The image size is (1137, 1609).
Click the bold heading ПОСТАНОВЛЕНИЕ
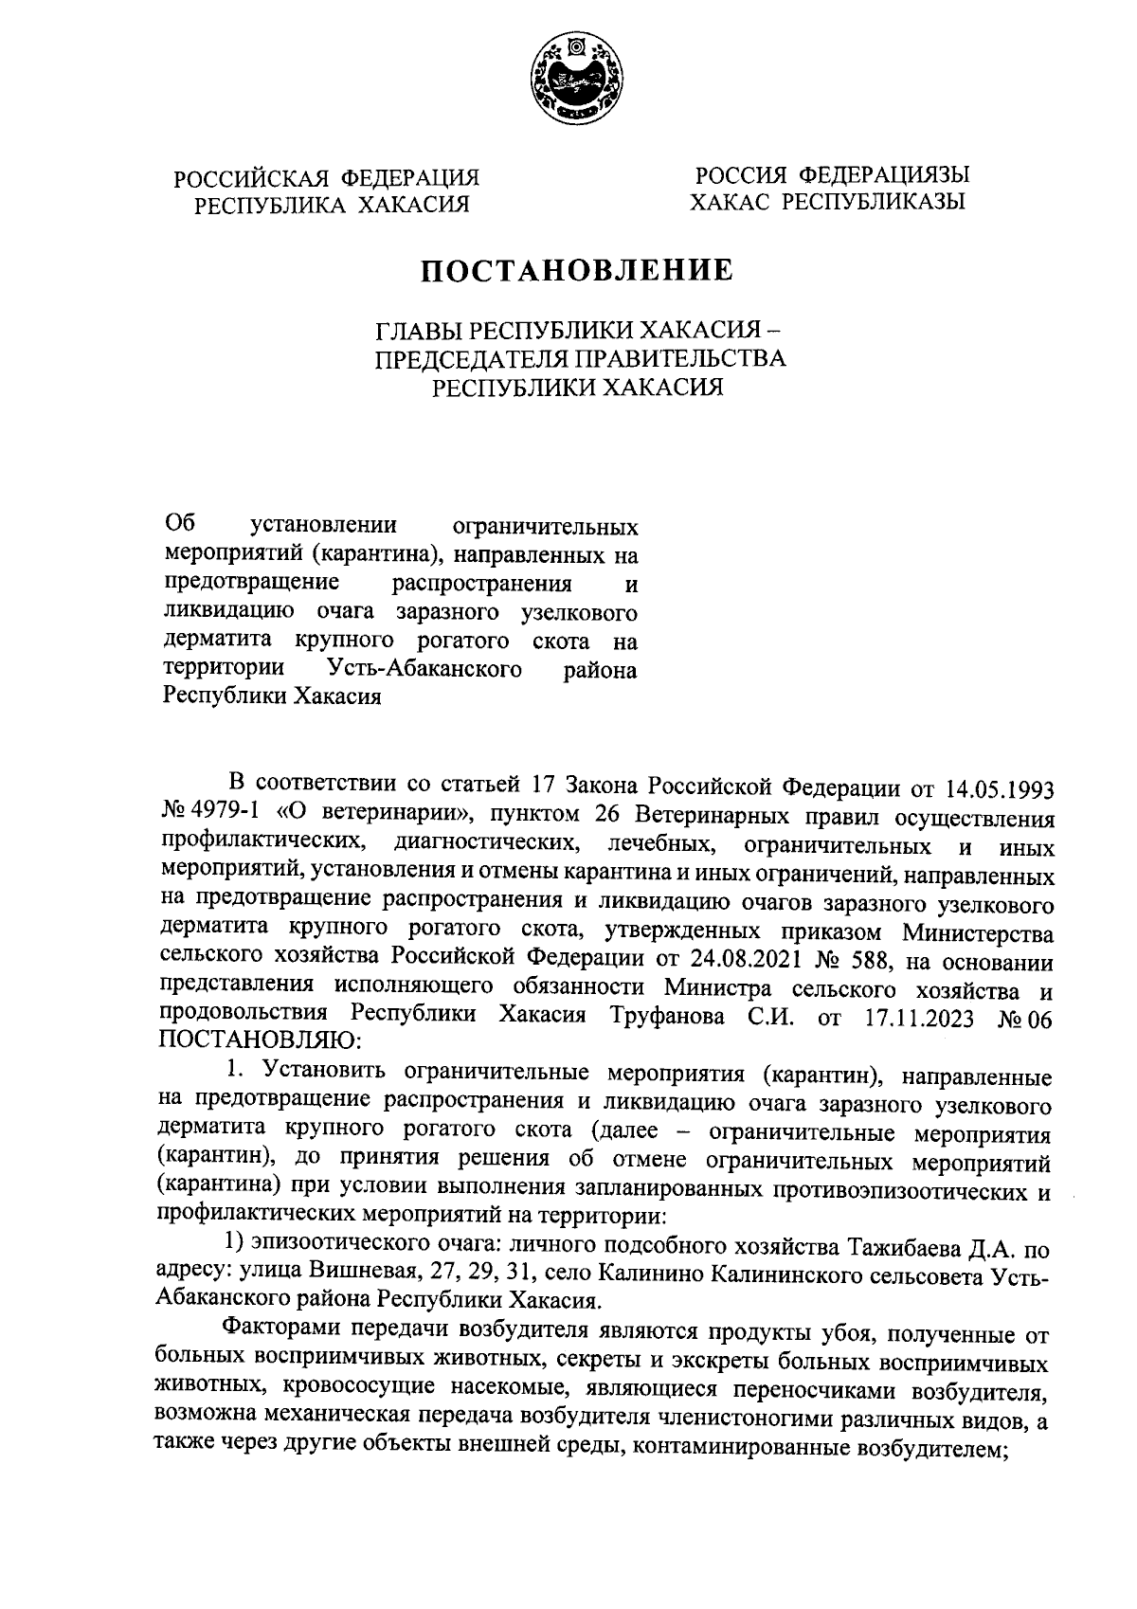point(578,271)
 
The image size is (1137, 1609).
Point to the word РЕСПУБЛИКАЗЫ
point(870,202)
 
